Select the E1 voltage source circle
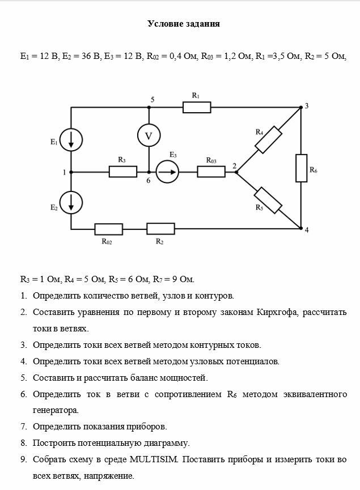click(x=71, y=139)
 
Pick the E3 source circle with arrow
click(x=167, y=171)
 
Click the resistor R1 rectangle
click(x=196, y=108)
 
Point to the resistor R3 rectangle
click(x=122, y=171)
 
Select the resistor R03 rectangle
click(x=211, y=171)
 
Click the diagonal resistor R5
click(x=268, y=200)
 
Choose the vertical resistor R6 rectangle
click(x=301, y=168)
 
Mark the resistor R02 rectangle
click(x=108, y=229)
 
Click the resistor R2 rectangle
click(x=160, y=229)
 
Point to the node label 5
click(x=152, y=100)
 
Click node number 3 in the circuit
click(x=307, y=106)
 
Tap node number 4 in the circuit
click(x=307, y=230)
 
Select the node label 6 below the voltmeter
click(x=149, y=181)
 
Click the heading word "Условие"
click(x=164, y=24)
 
